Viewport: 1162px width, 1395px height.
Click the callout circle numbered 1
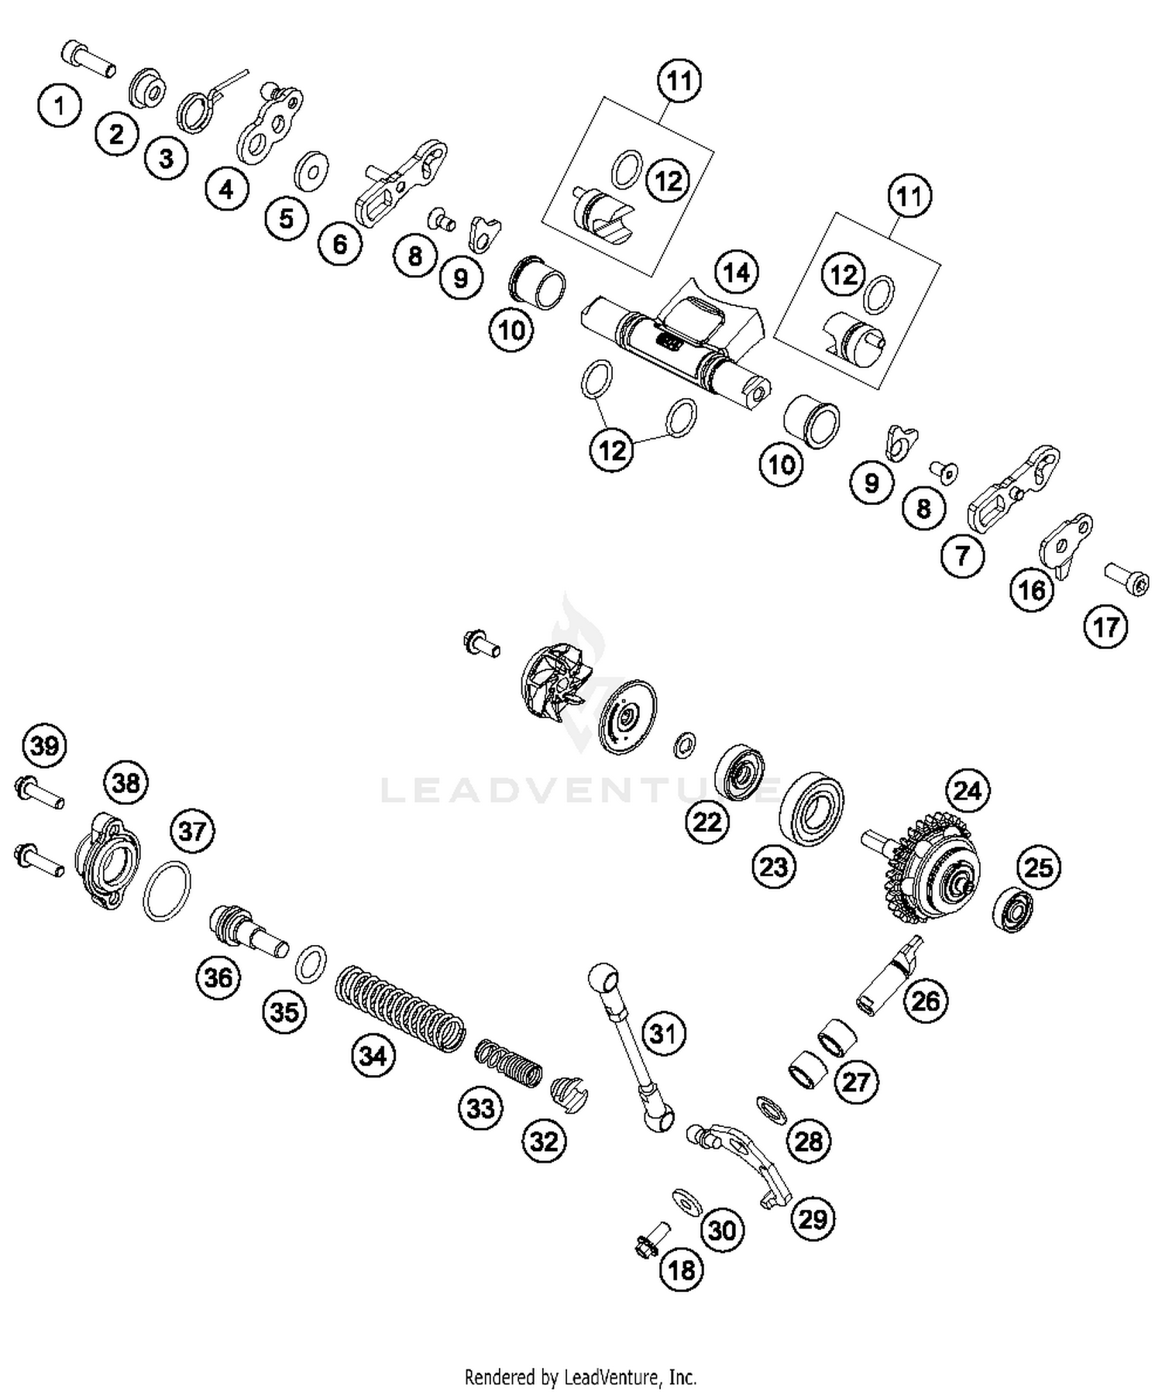point(60,105)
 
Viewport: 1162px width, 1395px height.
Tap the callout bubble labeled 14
point(736,273)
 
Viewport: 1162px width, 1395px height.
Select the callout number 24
point(967,791)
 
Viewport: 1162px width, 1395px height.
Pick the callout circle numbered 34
point(373,1055)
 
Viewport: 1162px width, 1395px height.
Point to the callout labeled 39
point(45,746)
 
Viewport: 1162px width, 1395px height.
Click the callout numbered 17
point(1105,627)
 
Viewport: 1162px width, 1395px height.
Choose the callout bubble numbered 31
point(663,1033)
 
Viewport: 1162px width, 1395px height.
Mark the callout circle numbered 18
point(682,1270)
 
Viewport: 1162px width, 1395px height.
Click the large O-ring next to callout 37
point(167,891)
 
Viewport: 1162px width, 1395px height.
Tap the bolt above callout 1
point(88,59)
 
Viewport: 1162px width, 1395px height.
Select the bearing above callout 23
point(810,806)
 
